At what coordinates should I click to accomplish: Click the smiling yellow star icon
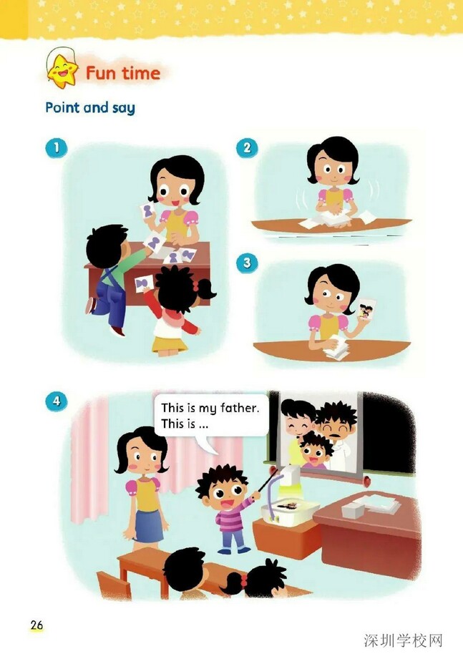62,71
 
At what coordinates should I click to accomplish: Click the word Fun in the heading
100,73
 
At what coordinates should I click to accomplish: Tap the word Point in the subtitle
62,107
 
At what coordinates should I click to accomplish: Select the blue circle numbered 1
57,147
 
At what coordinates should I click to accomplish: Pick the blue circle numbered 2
247,147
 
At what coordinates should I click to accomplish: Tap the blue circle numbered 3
247,263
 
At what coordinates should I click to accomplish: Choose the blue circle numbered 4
57,401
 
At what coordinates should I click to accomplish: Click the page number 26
36,625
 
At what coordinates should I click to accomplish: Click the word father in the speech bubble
239,408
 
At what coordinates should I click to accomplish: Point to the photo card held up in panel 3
366,310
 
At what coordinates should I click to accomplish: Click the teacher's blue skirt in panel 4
149,526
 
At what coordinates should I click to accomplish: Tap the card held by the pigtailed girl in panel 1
143,283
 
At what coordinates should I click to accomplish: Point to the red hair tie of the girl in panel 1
195,287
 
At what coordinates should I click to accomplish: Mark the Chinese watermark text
403,641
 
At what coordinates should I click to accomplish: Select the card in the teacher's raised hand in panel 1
147,210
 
